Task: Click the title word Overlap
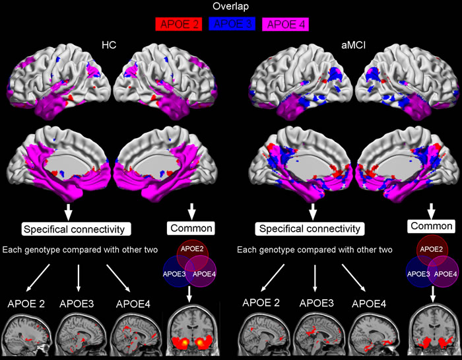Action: [231, 7]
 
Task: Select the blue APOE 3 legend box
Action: [232, 26]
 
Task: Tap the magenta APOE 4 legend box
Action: [285, 26]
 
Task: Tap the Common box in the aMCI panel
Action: [432, 225]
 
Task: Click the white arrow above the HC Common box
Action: [192, 211]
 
